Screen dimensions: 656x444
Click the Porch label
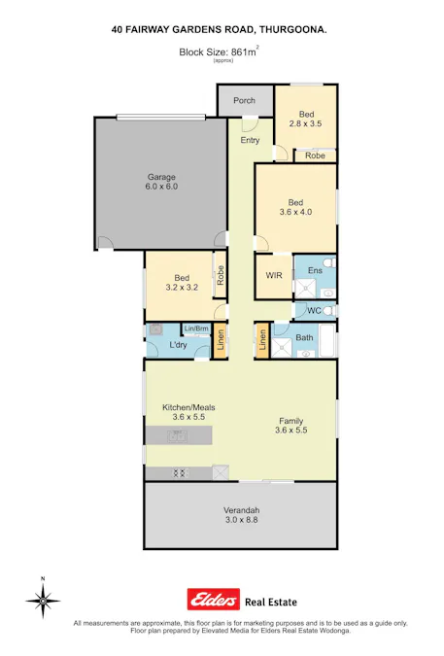click(244, 100)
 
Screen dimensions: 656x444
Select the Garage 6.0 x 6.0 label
click(161, 182)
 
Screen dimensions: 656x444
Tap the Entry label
click(251, 140)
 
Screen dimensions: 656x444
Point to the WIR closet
click(274, 275)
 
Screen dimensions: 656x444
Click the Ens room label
click(315, 269)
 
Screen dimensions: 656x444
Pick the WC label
click(314, 311)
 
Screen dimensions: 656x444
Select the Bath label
click(304, 337)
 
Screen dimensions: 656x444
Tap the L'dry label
click(178, 345)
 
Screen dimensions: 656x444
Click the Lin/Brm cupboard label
click(196, 328)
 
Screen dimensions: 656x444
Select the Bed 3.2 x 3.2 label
click(182, 283)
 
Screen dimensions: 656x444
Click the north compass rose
click(43, 600)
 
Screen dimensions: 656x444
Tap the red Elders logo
click(208, 600)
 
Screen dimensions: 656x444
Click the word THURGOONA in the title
click(292, 31)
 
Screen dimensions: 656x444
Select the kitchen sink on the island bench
click(179, 436)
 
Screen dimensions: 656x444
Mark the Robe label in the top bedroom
click(315, 155)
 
